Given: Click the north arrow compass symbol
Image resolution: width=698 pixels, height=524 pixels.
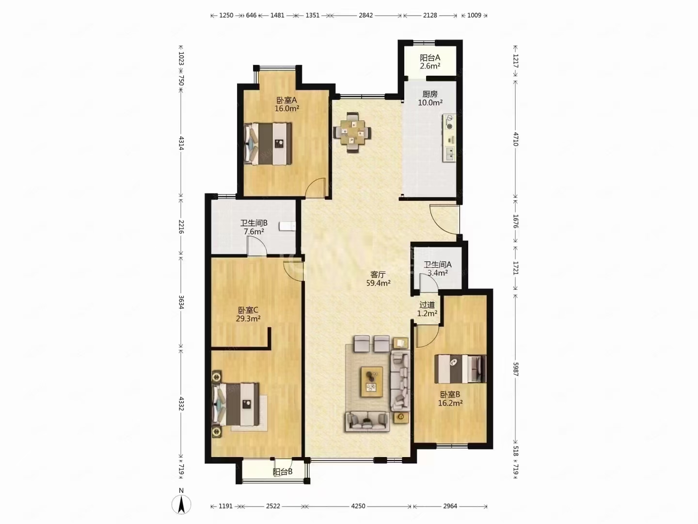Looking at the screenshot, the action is [x=181, y=504].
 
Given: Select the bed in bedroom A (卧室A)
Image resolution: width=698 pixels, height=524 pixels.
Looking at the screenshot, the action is [x=268, y=144].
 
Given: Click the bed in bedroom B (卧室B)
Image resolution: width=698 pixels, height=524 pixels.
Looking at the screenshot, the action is [x=460, y=369].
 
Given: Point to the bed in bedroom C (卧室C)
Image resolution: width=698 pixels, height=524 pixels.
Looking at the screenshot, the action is [x=236, y=404].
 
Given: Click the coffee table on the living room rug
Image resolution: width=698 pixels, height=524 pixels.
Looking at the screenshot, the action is [x=371, y=382].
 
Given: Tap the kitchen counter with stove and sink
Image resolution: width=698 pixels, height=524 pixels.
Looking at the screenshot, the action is [x=449, y=138].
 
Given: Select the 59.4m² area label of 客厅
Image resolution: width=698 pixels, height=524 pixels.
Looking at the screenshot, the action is [x=378, y=283].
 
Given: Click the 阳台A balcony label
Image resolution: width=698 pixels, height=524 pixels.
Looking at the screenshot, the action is [x=430, y=58].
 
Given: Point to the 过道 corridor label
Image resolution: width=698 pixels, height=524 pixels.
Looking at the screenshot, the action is [x=427, y=305].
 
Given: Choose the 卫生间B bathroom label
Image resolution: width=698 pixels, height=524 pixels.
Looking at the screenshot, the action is [x=254, y=223].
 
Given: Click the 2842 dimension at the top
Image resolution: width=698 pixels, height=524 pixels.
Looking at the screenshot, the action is [x=365, y=15].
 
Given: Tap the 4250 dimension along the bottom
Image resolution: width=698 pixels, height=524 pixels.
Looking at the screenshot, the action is [x=358, y=506].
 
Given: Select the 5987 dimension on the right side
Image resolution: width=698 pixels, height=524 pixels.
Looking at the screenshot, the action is [x=515, y=369].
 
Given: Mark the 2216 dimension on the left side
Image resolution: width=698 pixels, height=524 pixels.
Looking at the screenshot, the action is [x=181, y=227].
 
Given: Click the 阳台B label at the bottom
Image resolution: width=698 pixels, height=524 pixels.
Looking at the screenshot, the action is [x=283, y=472].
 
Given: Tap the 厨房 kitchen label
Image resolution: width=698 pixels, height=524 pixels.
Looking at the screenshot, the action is [x=430, y=94].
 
